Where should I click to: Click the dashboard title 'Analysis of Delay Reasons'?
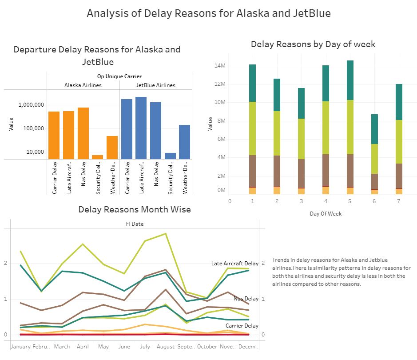[x=208, y=13]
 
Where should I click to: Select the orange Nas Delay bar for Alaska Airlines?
[x=83, y=133]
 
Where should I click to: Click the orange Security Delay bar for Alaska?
[x=97, y=157]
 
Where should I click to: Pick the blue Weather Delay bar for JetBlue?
[x=184, y=142]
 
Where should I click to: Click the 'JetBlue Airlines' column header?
[x=155, y=85]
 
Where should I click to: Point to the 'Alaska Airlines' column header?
[x=83, y=85]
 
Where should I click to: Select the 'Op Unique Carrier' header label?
[x=119, y=76]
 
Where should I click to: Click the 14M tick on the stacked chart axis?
[x=221, y=66]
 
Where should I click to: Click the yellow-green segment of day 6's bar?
[x=374, y=159]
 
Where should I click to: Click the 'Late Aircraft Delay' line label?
[x=234, y=264]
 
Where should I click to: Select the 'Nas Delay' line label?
[x=246, y=299]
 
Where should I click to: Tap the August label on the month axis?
[x=165, y=347]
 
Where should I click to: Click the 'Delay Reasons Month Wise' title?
[x=135, y=209]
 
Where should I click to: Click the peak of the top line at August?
[x=165, y=233]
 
